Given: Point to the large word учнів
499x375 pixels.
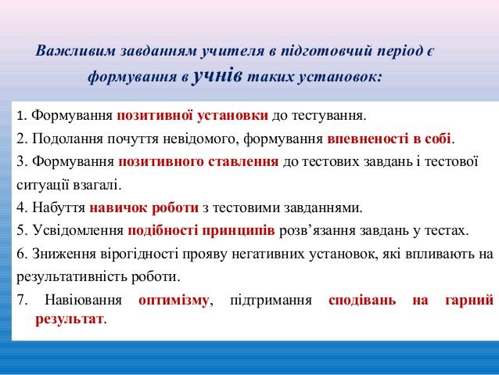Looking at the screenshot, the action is tap(217, 76).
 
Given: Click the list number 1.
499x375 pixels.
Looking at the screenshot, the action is tap(20, 116).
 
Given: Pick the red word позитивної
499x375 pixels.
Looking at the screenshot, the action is tap(155, 116).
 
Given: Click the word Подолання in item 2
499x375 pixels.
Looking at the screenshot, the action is tap(67, 139).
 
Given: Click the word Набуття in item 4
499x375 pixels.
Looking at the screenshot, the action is tap(59, 208).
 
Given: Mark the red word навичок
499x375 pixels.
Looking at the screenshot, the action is tap(119, 208).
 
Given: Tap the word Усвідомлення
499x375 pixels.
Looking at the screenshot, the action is tap(78, 230).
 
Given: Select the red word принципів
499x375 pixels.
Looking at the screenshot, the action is tap(239, 230).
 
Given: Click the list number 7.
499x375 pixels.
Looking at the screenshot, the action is tap(22, 300).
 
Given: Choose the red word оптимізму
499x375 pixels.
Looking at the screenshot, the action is tap(174, 300).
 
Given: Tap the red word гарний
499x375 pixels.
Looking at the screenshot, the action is tap(469, 300).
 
